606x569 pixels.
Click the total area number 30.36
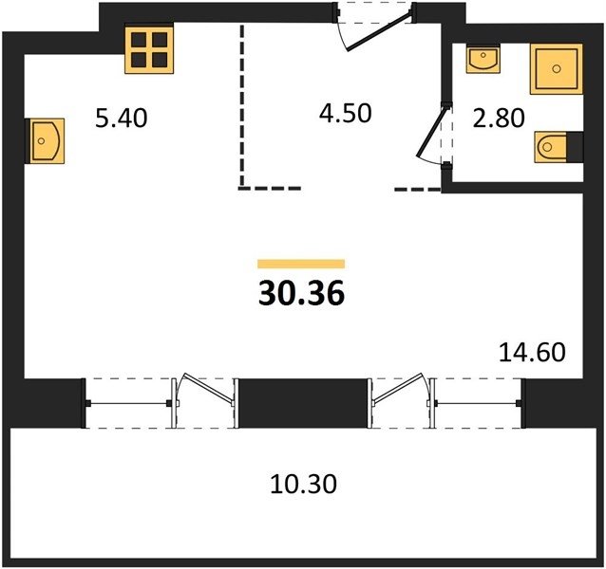tap(301, 292)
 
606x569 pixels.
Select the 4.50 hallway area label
tap(346, 113)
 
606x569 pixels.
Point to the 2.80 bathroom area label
tap(499, 118)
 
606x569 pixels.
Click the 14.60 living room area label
tap(532, 352)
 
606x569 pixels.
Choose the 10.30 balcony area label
tap(303, 484)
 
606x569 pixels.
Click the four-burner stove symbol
tap(149, 47)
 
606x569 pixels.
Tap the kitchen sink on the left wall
tap(45, 140)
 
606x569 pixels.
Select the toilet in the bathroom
tap(551, 147)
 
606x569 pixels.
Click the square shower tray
tap(557, 68)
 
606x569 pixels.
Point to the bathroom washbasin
tap(483, 58)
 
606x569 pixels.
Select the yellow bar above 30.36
tap(301, 264)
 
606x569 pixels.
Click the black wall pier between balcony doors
tap(303, 403)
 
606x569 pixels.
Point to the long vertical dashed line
tap(242, 106)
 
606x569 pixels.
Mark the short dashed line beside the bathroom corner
tap(417, 189)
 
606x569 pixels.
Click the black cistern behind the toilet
tap(575, 147)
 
